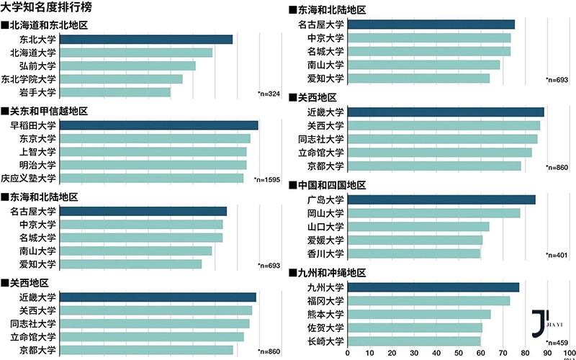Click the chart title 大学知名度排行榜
click(45, 8)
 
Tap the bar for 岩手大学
click(114, 92)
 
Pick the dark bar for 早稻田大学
click(158, 125)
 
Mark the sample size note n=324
click(269, 94)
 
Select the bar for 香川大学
click(414, 253)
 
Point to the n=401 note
click(557, 256)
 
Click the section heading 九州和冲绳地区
click(332, 273)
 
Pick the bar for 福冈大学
click(428, 301)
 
